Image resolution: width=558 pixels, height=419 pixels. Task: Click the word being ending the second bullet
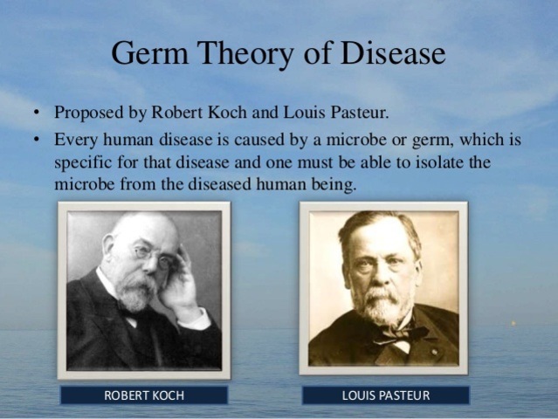[x=335, y=185]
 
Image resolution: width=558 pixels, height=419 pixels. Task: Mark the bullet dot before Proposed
[x=36, y=113]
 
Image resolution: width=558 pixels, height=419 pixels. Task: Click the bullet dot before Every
[x=36, y=140]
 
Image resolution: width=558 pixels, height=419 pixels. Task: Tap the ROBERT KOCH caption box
[x=143, y=395]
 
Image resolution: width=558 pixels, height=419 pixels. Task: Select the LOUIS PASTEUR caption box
[x=385, y=395]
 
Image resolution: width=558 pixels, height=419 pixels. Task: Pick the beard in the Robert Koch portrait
[x=138, y=293]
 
